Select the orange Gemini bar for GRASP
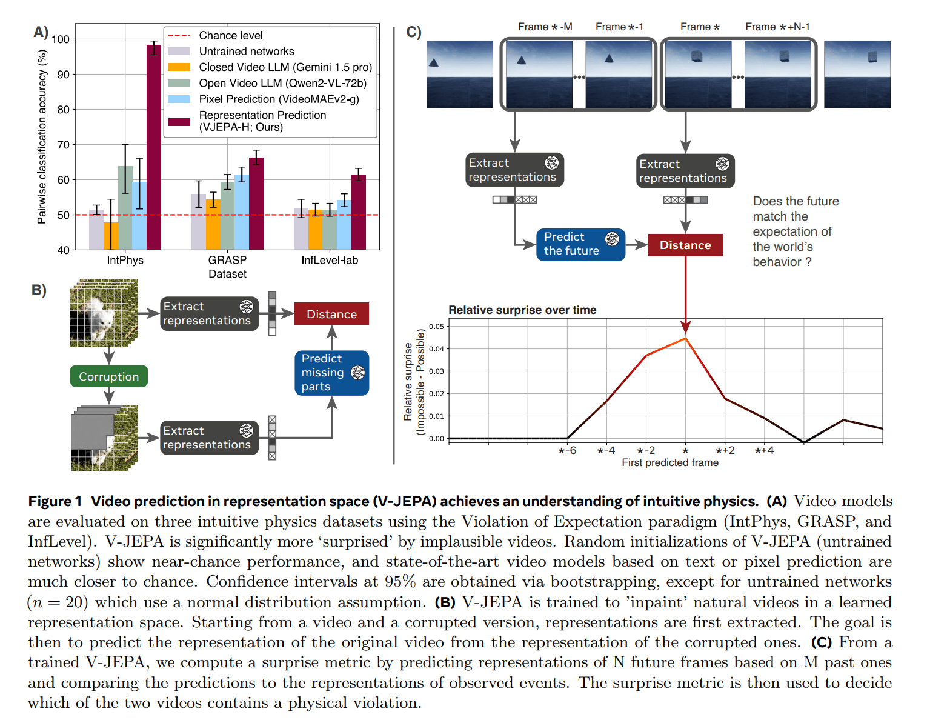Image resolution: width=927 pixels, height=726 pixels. point(213,224)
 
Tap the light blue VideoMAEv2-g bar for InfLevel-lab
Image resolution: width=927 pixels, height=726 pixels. point(344,225)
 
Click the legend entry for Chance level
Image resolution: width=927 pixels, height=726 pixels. point(231,36)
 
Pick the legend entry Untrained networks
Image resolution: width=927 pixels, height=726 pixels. point(246,52)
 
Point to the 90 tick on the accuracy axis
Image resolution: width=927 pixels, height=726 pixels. point(63,75)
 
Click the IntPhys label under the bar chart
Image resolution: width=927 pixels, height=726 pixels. point(125,260)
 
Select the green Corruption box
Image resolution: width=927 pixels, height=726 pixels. point(109,376)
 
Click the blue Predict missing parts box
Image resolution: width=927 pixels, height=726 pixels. point(331,373)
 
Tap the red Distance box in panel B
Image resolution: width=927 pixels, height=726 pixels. point(331,314)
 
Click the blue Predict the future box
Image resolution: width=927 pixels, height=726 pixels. point(580,244)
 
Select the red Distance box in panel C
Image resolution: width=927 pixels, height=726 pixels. point(685,245)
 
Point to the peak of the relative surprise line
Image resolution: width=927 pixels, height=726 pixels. point(685,338)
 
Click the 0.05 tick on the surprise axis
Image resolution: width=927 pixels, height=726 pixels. point(436,327)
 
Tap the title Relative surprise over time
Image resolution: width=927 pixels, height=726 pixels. point(522,310)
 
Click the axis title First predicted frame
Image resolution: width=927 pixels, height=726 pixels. point(670,462)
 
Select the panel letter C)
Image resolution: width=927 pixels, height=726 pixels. point(414,32)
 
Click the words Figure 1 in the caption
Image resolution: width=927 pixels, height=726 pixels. point(55,501)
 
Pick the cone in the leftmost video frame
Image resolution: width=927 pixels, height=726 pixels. point(434,62)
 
